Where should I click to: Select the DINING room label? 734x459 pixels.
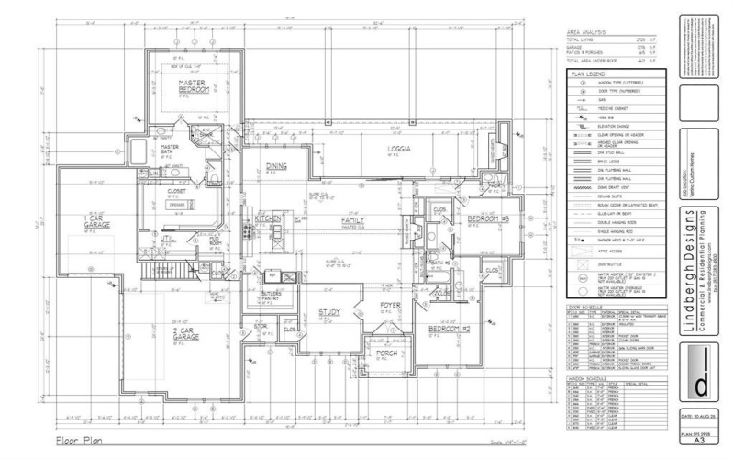pyautogui.click(x=277, y=166)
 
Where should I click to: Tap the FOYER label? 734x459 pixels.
pyautogui.click(x=392, y=305)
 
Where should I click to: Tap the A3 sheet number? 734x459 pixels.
pyautogui.click(x=700, y=439)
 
